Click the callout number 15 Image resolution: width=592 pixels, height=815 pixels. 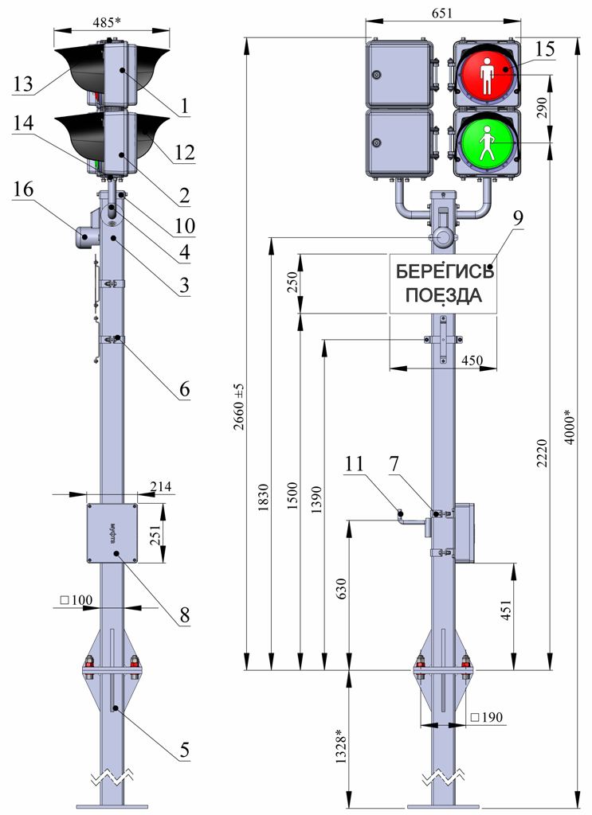pos(544,49)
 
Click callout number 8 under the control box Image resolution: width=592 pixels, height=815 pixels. pos(184,614)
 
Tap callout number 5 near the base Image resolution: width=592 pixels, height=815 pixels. pos(184,750)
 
